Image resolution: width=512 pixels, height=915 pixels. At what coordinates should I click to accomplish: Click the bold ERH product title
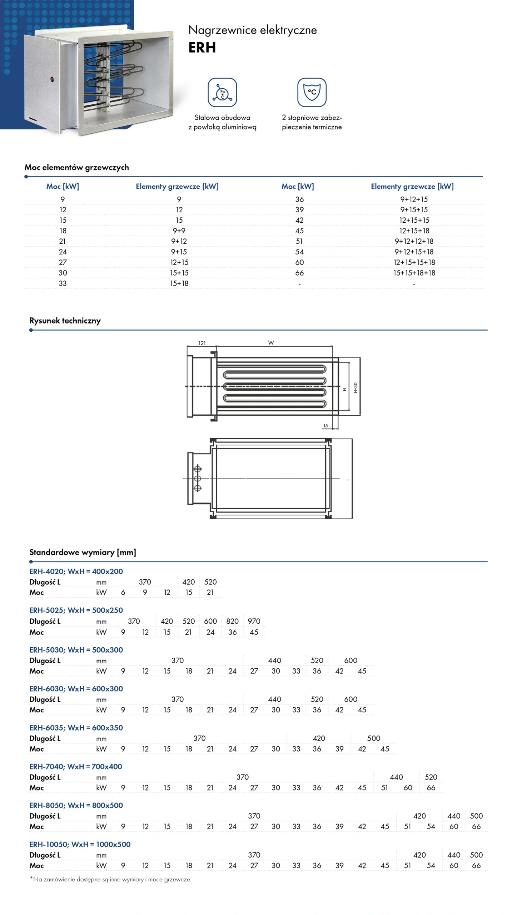(202, 48)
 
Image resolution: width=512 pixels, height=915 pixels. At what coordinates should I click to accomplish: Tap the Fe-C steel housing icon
(222, 92)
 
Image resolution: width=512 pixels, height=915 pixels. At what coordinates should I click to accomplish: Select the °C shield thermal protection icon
(312, 92)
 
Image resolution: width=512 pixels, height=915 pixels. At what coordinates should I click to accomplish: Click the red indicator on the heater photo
(52, 79)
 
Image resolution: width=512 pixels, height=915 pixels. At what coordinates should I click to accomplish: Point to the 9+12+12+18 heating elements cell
(414, 241)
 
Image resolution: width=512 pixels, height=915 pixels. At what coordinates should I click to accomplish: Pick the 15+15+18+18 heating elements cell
(414, 273)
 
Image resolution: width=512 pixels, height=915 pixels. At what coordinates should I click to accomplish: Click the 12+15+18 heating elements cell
(414, 231)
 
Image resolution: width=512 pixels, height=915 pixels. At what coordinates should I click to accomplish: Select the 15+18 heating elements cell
(179, 283)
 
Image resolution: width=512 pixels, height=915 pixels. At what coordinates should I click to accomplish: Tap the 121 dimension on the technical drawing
(202, 343)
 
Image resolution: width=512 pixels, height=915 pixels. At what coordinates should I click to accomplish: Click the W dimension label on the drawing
(271, 343)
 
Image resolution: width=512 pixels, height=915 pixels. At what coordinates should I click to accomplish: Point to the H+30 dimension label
(356, 387)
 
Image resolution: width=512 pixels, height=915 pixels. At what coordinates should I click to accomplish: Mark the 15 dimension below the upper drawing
(325, 425)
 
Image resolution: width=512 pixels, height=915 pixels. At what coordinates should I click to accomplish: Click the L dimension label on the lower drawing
(347, 479)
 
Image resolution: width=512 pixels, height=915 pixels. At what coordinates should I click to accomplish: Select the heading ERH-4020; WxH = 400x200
(76, 571)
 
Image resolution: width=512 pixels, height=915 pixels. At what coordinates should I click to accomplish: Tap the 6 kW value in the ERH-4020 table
(123, 592)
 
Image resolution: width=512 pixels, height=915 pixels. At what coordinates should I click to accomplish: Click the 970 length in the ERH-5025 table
(254, 621)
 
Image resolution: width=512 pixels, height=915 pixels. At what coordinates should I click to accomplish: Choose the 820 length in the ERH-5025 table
(232, 621)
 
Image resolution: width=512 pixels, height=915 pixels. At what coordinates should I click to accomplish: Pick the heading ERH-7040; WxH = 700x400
(76, 766)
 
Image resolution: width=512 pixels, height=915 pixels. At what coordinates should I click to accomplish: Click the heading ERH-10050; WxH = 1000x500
(80, 844)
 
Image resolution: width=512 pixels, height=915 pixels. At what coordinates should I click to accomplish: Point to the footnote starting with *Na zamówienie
(110, 879)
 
